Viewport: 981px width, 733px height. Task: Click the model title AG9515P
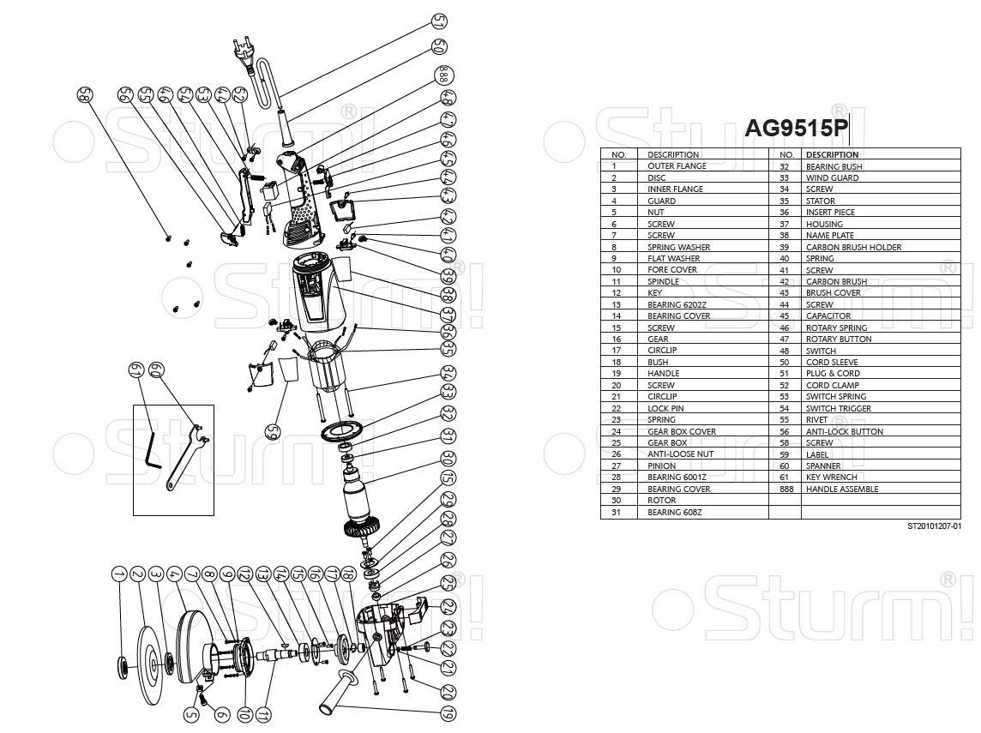pyautogui.click(x=796, y=129)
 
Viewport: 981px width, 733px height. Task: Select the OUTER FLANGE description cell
pyautogui.click(x=677, y=166)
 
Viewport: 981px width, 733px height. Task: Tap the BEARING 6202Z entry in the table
pyautogui.click(x=676, y=304)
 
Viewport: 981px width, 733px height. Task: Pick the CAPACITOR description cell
pyautogui.click(x=828, y=316)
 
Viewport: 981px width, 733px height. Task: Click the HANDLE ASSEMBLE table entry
pyautogui.click(x=841, y=490)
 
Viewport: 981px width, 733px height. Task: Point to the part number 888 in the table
pyautogui.click(x=784, y=490)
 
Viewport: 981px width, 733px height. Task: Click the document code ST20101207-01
pyautogui.click(x=933, y=527)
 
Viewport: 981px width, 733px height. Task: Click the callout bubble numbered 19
pyautogui.click(x=448, y=713)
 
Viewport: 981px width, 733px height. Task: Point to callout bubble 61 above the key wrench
pyautogui.click(x=135, y=370)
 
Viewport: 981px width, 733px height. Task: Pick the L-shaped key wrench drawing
pyautogui.click(x=151, y=448)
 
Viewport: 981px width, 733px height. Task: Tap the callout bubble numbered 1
pyautogui.click(x=117, y=574)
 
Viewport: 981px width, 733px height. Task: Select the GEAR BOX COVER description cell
pyautogui.click(x=682, y=432)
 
